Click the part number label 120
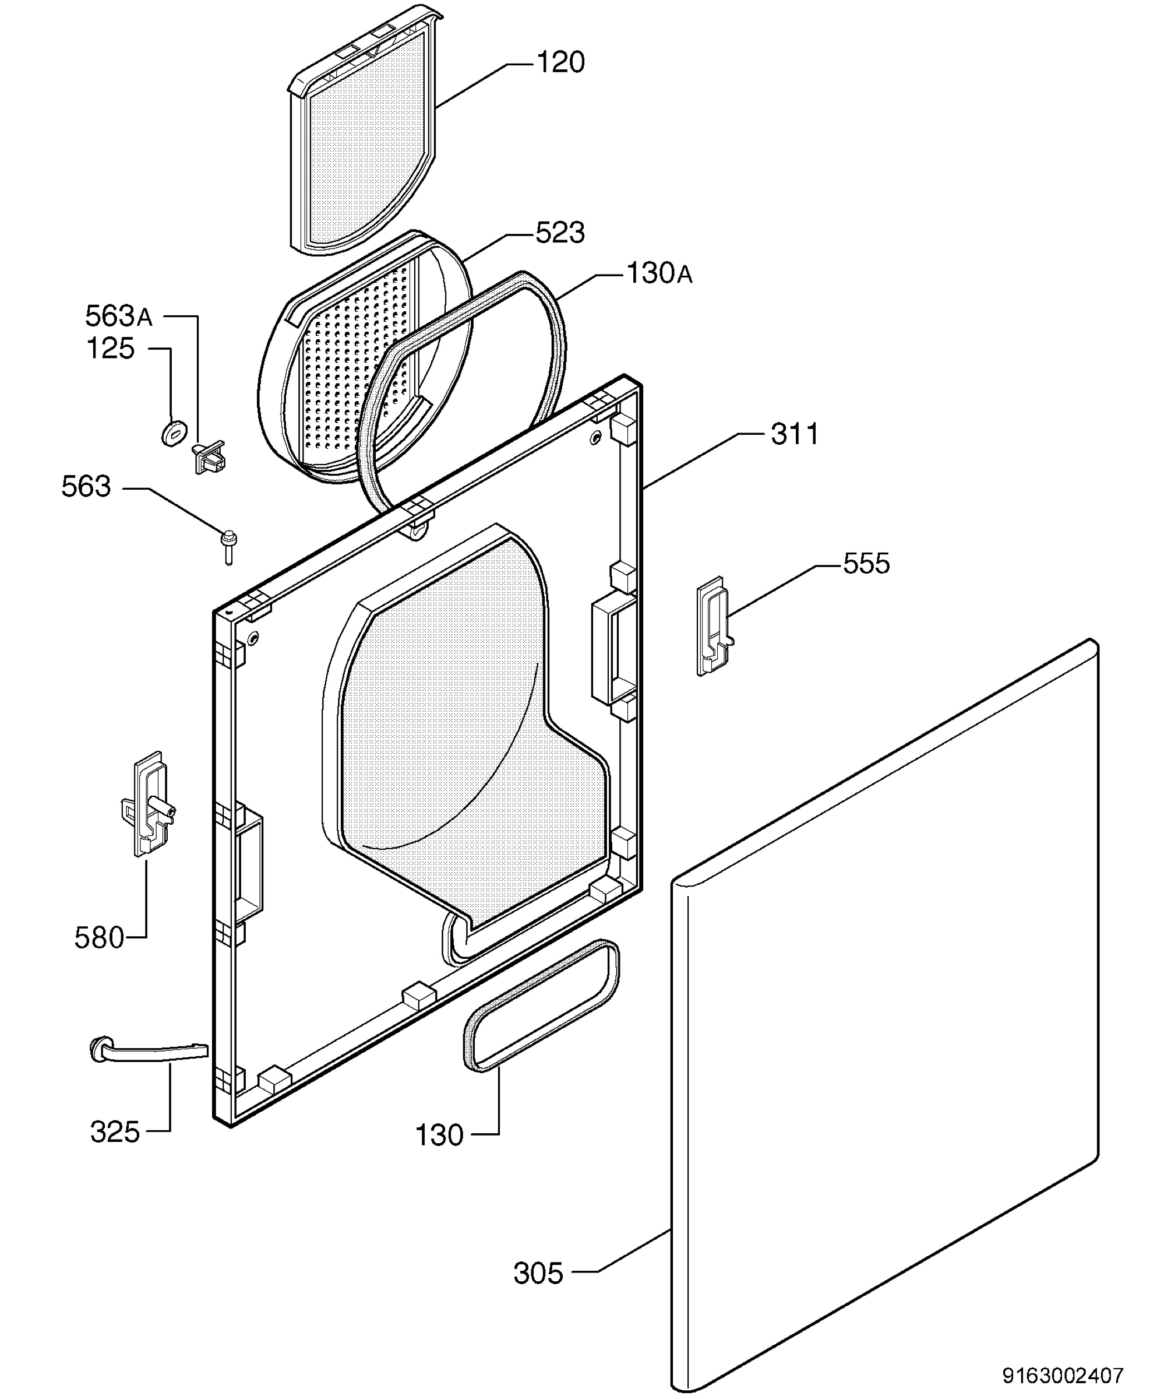(560, 63)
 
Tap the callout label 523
(560, 233)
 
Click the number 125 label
(111, 349)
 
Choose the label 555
(866, 564)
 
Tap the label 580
(100, 938)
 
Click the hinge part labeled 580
(149, 803)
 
